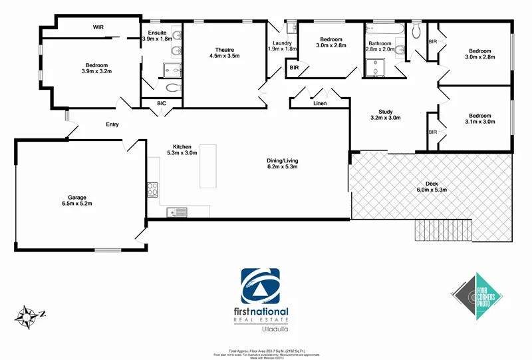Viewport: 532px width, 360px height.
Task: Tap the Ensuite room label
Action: (157, 36)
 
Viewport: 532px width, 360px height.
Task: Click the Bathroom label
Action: (381, 45)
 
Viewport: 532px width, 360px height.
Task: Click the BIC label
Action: (162, 103)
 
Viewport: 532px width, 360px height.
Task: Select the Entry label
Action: (112, 124)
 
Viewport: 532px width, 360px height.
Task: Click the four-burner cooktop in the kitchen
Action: (152, 189)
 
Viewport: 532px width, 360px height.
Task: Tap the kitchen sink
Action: (179, 213)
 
